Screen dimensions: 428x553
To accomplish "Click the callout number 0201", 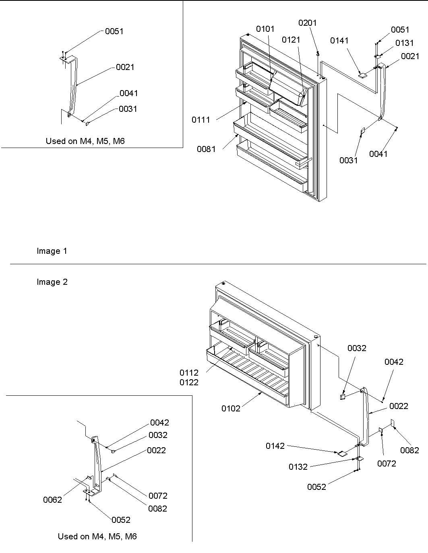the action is pyautogui.click(x=307, y=23).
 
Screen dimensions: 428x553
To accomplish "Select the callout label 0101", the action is pyautogui.click(x=265, y=29).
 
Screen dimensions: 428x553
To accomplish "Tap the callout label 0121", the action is pyautogui.click(x=291, y=39).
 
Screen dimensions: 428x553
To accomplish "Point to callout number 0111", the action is pyautogui.click(x=201, y=120).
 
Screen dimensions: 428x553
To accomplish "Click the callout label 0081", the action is pyautogui.click(x=206, y=149).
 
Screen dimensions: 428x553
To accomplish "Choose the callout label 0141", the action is pyautogui.click(x=339, y=41).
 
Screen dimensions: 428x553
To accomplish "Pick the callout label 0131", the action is pyautogui.click(x=404, y=43).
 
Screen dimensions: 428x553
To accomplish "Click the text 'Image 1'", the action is pyautogui.click(x=52, y=251).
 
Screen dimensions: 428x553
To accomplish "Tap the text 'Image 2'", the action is pyautogui.click(x=52, y=282).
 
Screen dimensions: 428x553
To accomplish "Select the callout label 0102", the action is pyautogui.click(x=230, y=409).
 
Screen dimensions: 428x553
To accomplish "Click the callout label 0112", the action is pyautogui.click(x=189, y=373).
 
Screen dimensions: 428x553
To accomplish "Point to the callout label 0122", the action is pyautogui.click(x=189, y=382).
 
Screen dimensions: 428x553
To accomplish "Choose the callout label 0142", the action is pyautogui.click(x=275, y=446).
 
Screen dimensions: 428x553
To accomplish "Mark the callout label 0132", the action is pyautogui.click(x=298, y=467).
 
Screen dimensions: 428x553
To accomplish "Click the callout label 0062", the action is pyautogui.click(x=52, y=500).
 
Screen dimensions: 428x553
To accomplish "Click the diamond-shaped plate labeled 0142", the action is pyautogui.click(x=341, y=453).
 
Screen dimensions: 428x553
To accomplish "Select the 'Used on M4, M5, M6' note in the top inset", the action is pyautogui.click(x=85, y=141).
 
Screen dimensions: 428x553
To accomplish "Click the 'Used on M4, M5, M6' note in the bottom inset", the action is pyautogui.click(x=97, y=537).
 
